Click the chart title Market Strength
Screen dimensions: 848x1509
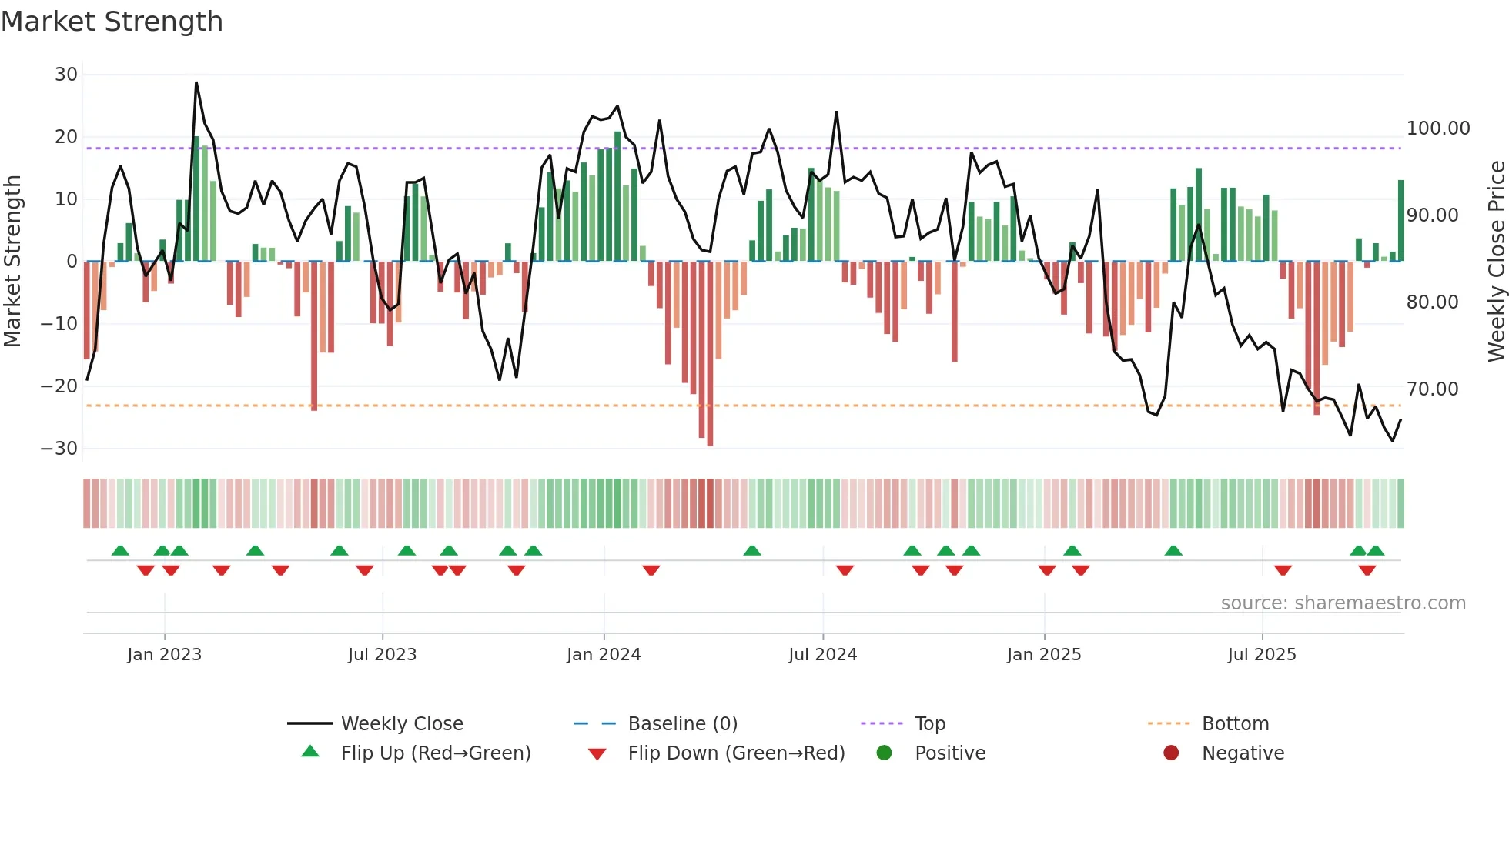click(112, 22)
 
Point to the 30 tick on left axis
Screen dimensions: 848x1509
click(66, 75)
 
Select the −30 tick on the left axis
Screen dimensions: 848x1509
click(59, 449)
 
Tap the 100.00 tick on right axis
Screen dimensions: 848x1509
click(1437, 129)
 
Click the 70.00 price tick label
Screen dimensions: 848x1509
click(1432, 389)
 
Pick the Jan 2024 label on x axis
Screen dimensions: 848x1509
click(604, 655)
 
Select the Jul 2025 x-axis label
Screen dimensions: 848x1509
click(1261, 655)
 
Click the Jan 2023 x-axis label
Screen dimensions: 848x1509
click(164, 655)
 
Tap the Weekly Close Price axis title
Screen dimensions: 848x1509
click(1496, 261)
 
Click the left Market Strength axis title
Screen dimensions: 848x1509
click(12, 261)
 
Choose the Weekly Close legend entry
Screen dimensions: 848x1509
click(402, 724)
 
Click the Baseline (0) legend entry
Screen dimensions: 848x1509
click(682, 724)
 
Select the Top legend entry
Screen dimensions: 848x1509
click(929, 724)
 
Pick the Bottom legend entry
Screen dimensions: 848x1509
click(1235, 724)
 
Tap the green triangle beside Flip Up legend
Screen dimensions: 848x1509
click(310, 752)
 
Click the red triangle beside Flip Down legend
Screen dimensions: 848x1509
click(597, 754)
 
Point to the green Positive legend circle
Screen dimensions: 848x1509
click(884, 753)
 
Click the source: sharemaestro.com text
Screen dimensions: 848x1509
click(1343, 603)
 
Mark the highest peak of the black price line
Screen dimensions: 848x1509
click(196, 82)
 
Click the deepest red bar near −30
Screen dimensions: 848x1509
click(710, 443)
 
